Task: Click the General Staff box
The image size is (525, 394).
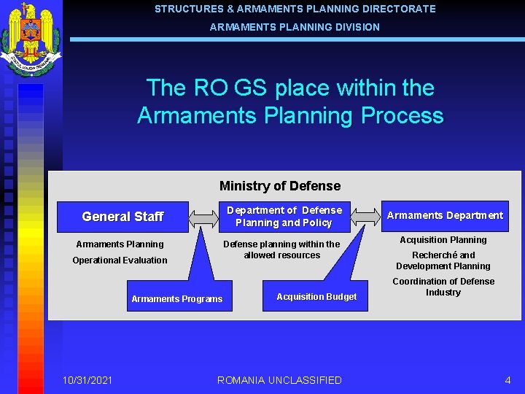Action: pyautogui.click(x=122, y=217)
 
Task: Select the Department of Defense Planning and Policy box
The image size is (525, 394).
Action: pyautogui.click(x=284, y=217)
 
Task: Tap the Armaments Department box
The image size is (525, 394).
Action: pyautogui.click(x=445, y=215)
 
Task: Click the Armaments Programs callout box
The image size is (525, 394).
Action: pyautogui.click(x=177, y=298)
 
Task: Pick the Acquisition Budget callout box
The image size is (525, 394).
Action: pyautogui.click(x=316, y=296)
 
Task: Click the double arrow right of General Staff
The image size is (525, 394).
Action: pyautogui.click(x=204, y=217)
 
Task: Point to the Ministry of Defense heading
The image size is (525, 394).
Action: pyautogui.click(x=280, y=186)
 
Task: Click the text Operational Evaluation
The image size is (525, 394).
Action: pyautogui.click(x=120, y=260)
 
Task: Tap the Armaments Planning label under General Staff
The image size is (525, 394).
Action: pyautogui.click(x=120, y=244)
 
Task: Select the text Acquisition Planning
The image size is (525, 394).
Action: pyautogui.click(x=443, y=240)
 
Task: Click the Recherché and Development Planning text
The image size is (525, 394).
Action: pyautogui.click(x=443, y=260)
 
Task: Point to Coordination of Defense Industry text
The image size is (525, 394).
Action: pyautogui.click(x=443, y=287)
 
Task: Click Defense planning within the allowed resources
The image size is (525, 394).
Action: pyautogui.click(x=281, y=250)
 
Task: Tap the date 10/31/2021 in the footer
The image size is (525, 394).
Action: pyautogui.click(x=87, y=380)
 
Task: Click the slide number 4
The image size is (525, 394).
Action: pyautogui.click(x=507, y=380)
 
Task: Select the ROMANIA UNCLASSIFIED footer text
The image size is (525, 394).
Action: pyautogui.click(x=279, y=380)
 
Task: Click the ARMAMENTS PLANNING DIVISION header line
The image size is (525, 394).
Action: pyautogui.click(x=295, y=27)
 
